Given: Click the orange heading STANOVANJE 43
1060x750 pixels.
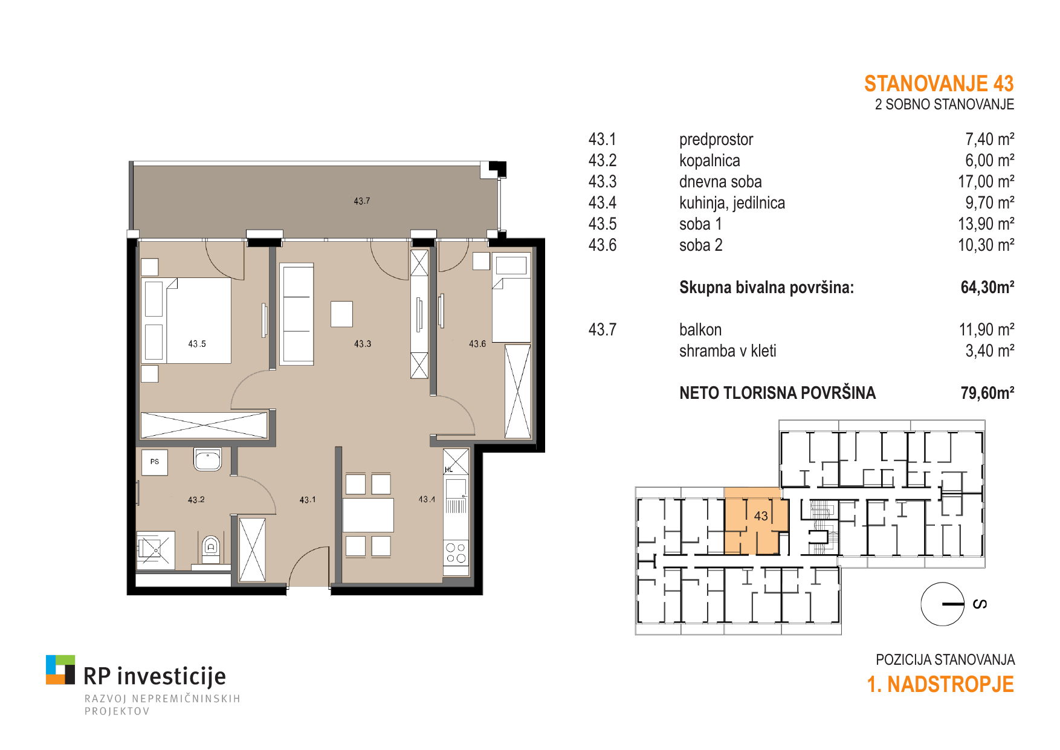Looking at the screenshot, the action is tap(939, 83).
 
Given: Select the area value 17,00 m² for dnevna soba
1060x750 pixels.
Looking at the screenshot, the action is tap(986, 181).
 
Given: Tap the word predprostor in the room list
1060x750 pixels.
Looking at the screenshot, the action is tap(716, 140).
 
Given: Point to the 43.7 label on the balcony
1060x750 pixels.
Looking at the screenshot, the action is tap(362, 201).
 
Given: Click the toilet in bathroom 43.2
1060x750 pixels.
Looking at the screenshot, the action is tap(211, 548).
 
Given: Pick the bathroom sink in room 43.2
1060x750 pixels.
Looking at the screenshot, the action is tap(207, 459).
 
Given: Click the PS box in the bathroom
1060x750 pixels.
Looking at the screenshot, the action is tap(155, 462).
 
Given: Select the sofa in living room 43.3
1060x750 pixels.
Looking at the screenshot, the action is tap(297, 314).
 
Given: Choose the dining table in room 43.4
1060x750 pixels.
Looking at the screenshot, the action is tap(368, 515).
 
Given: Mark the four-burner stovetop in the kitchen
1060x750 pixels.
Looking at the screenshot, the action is tap(456, 553).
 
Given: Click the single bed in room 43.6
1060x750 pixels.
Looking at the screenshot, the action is tap(511, 299).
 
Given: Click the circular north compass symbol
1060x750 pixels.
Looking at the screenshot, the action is tap(942, 604).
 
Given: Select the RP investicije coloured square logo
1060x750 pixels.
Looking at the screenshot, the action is tap(60, 670).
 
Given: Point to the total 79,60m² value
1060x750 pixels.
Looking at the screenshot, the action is tap(987, 393).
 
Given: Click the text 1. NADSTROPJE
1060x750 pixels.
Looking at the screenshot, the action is tap(940, 684).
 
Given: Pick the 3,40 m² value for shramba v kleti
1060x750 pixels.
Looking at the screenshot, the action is tap(990, 351).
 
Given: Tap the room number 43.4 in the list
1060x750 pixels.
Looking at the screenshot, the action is tap(603, 203).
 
